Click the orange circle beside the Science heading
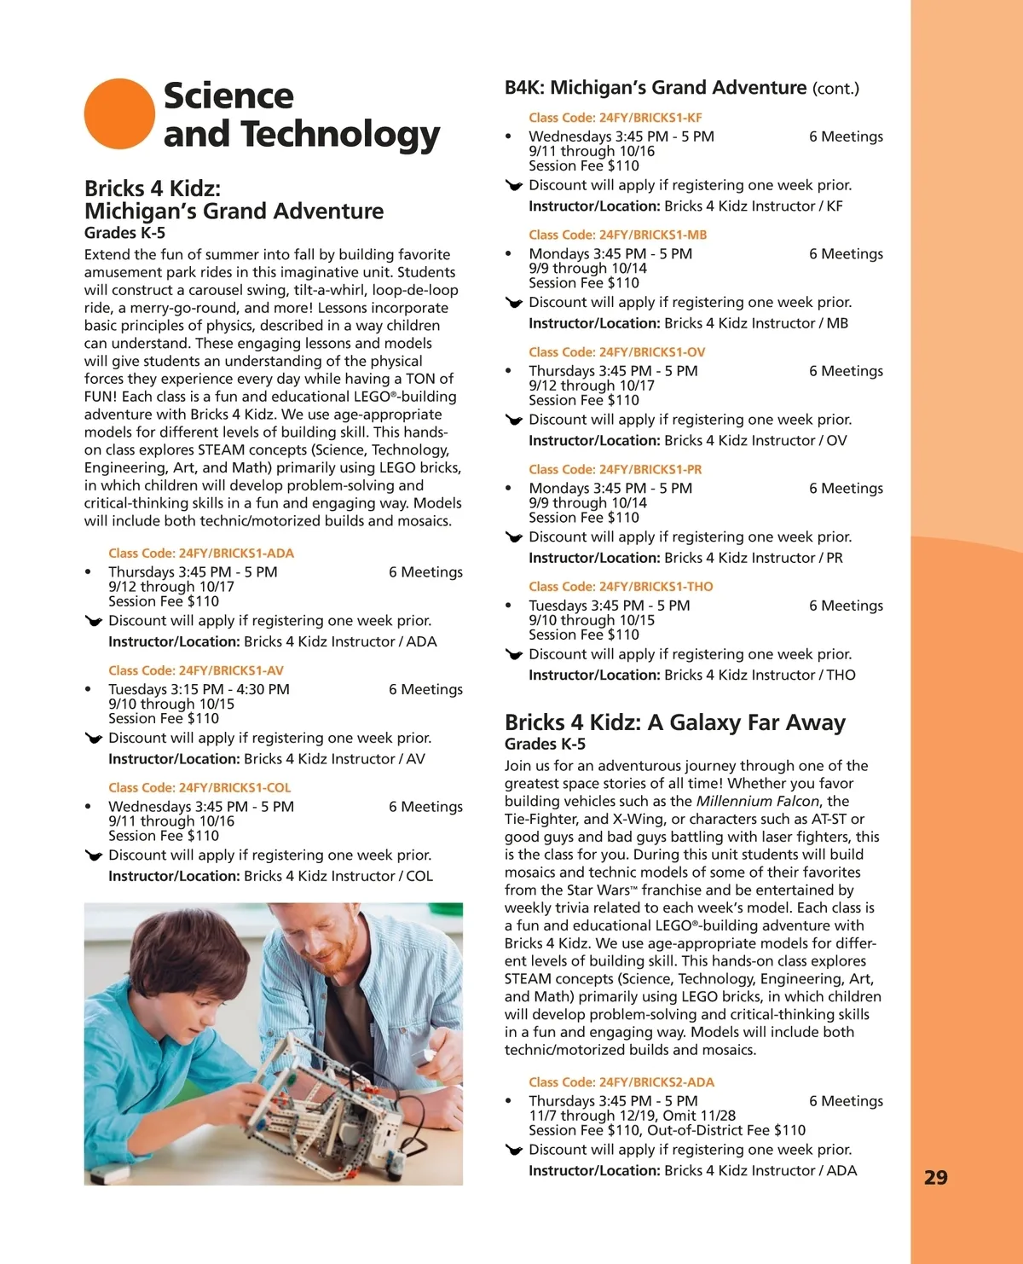click(x=119, y=114)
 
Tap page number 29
click(x=935, y=1178)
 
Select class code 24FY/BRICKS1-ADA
click(x=201, y=554)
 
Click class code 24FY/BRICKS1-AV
click(x=196, y=670)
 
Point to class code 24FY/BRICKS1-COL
click(x=199, y=788)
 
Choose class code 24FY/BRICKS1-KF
click(x=616, y=118)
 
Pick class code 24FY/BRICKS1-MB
click(x=618, y=235)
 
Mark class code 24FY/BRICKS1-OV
click(x=617, y=352)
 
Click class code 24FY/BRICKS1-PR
click(x=616, y=469)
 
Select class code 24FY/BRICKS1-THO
click(x=621, y=587)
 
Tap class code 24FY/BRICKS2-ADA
click(x=621, y=1082)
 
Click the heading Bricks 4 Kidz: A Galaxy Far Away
click(x=674, y=723)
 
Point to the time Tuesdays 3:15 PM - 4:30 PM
click(x=199, y=689)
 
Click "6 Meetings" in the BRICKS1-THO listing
click(x=846, y=606)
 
